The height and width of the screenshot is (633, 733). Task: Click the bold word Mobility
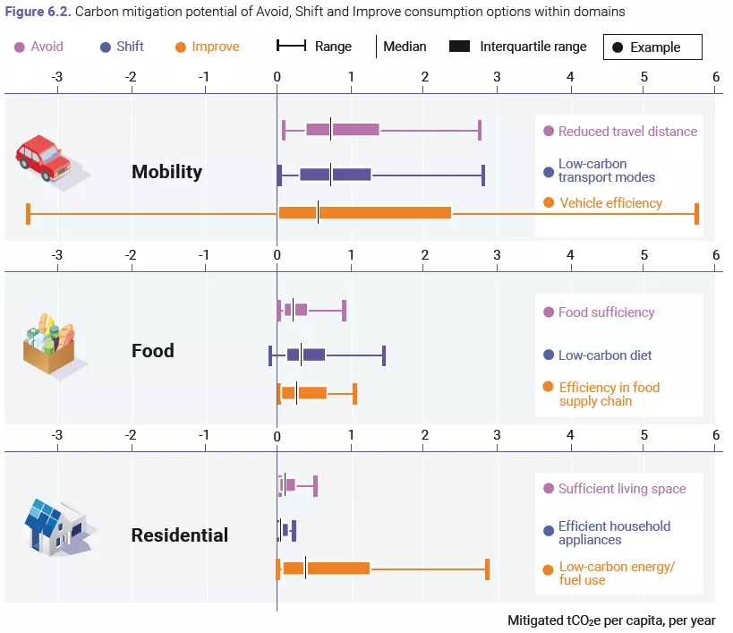166,172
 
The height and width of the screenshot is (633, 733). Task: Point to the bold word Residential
180,535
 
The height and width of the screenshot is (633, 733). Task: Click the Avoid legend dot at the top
20,47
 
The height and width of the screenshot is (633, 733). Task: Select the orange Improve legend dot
181,47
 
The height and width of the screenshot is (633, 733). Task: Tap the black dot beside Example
618,47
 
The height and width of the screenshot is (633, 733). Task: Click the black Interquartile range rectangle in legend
459,47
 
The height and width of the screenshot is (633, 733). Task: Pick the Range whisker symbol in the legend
291,46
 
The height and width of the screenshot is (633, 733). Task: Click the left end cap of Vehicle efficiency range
28,214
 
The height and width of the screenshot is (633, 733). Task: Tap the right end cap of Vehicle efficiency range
696,214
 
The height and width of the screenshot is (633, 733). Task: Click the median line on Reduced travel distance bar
331,129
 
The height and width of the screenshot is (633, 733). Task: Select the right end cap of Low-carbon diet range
384,355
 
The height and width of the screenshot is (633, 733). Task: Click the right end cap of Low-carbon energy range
487,569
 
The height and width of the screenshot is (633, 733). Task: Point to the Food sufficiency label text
606,312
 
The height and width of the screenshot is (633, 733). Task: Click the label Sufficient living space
622,489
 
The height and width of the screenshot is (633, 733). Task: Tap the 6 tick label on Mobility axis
716,77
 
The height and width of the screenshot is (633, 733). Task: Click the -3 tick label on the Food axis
56,255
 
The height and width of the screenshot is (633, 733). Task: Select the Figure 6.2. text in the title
38,12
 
